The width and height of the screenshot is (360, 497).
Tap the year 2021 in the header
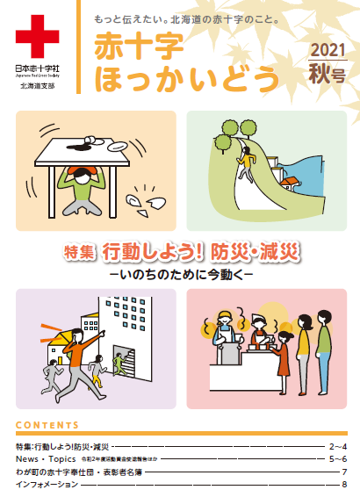pyautogui.click(x=328, y=52)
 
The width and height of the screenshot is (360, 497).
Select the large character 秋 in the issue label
pyautogui.click(x=320, y=75)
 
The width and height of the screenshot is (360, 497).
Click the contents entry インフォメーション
pyautogui.click(x=47, y=485)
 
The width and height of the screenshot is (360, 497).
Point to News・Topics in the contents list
pyautogui.click(x=44, y=459)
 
